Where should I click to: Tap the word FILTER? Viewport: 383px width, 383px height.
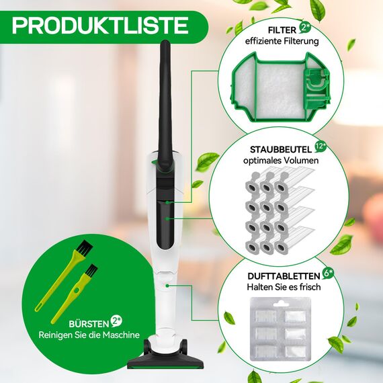281,31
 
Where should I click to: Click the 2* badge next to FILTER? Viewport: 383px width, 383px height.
306,28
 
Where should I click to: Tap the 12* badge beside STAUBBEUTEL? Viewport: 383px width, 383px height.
321,145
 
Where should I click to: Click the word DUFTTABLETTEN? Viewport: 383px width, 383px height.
281,275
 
